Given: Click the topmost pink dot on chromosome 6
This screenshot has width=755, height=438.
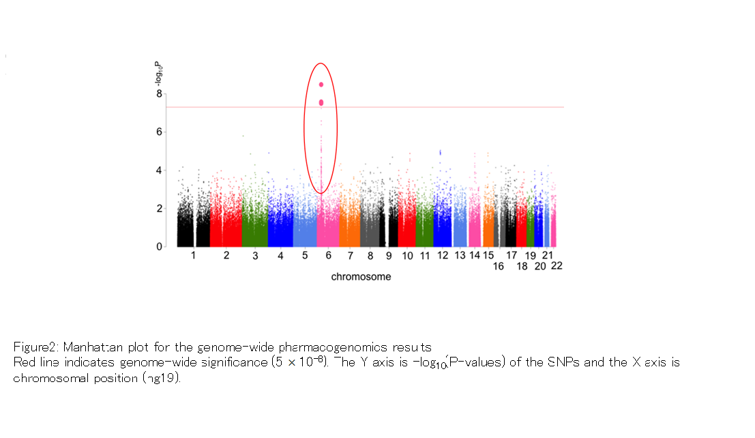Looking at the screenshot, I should click(x=321, y=85).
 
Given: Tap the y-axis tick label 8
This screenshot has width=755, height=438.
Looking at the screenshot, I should click(x=161, y=93).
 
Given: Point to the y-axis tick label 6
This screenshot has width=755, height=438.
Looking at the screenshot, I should click(x=161, y=132).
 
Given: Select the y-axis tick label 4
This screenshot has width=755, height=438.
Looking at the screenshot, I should click(x=161, y=170).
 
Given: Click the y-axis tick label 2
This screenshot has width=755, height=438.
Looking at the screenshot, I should click(x=161, y=209).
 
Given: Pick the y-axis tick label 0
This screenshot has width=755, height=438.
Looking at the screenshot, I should click(x=161, y=247).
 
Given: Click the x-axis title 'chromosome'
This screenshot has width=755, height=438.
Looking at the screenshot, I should click(x=361, y=277).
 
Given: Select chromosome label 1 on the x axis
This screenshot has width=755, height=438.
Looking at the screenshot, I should click(x=193, y=256).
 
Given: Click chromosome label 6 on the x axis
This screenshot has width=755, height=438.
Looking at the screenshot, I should click(x=328, y=256).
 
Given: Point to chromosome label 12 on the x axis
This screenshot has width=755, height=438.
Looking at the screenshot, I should click(x=442, y=256).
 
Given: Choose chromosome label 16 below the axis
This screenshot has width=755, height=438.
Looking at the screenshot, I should click(x=499, y=266).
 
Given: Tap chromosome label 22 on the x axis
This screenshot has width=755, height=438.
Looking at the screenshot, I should click(x=557, y=265).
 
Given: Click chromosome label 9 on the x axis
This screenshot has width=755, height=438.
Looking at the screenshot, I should click(x=389, y=256).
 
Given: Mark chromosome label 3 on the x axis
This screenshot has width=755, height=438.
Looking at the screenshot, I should click(x=255, y=256).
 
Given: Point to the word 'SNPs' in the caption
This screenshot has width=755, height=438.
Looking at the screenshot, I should click(x=563, y=362).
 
